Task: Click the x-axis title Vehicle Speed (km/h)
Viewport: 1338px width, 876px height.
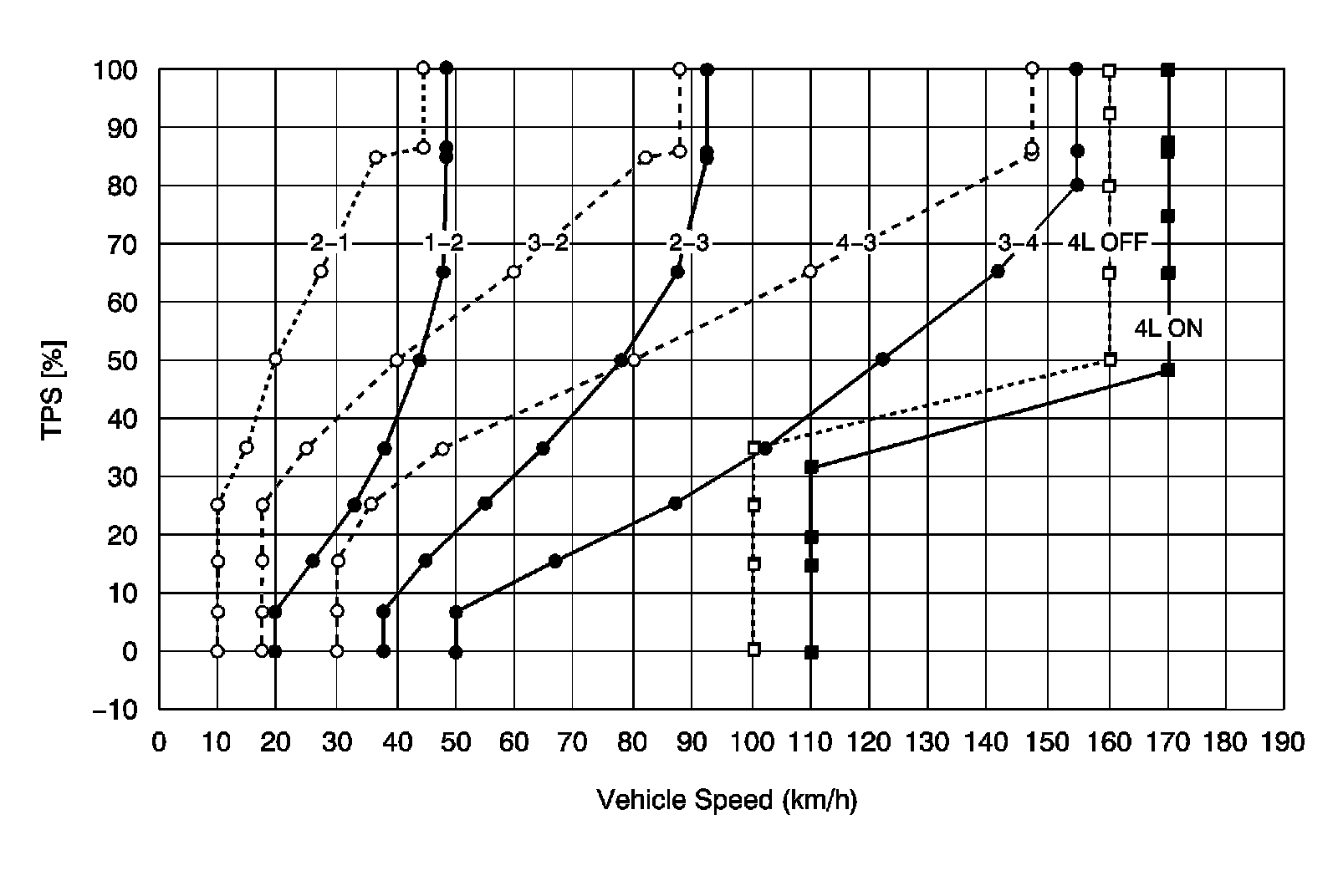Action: click(727, 801)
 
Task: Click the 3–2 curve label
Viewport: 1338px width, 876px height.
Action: click(549, 243)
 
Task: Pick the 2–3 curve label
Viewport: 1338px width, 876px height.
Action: click(688, 243)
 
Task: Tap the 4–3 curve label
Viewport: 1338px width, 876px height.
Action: click(855, 243)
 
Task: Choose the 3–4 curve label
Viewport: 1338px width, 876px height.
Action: click(1019, 243)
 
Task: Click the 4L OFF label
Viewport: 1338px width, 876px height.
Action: click(1108, 243)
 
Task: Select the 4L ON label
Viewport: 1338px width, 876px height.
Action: click(1167, 328)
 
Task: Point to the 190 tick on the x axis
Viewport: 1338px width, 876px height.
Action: click(1284, 741)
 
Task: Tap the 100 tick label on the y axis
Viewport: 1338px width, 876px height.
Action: click(117, 70)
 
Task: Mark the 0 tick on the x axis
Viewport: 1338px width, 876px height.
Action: click(159, 741)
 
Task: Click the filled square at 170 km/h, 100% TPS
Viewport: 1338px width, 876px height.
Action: click(1168, 70)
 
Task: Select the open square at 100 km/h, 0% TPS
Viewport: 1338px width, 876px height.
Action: click(753, 649)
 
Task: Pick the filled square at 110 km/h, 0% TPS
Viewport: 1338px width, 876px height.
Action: click(811, 651)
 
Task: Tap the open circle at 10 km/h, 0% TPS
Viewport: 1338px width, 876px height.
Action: click(217, 651)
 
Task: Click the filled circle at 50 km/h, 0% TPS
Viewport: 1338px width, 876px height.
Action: click(456, 651)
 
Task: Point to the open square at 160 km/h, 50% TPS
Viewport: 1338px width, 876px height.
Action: click(1110, 359)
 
